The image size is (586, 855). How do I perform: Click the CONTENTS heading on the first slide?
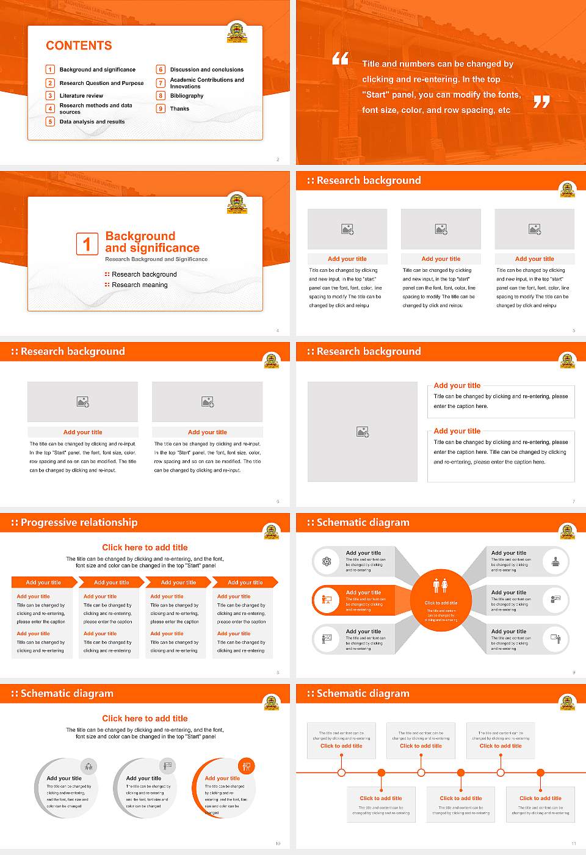point(79,46)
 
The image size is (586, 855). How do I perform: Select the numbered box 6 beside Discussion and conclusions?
point(161,70)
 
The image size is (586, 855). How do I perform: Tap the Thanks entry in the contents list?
point(179,109)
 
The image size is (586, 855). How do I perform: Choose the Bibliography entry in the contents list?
point(187,96)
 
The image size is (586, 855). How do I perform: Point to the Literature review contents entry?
point(81,96)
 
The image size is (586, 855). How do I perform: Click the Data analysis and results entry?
point(92,122)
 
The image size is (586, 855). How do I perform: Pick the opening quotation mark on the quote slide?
point(340,59)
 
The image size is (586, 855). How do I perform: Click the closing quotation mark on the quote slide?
point(541,102)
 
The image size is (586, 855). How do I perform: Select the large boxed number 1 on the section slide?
point(87,244)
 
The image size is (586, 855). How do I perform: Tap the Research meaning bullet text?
point(139,285)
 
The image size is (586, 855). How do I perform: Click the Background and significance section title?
point(152,242)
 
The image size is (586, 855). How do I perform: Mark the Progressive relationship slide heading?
point(79,523)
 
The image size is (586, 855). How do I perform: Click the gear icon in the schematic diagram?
point(327,561)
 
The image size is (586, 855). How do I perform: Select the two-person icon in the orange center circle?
point(441,585)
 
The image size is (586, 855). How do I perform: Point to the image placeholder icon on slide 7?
point(363,432)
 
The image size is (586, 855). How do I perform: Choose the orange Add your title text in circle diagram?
point(222,778)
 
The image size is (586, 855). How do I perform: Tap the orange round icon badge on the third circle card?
point(247,766)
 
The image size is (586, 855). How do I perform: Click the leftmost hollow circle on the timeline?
point(341,773)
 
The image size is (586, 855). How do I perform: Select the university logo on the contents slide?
point(237,32)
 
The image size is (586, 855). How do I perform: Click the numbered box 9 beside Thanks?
point(161,109)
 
